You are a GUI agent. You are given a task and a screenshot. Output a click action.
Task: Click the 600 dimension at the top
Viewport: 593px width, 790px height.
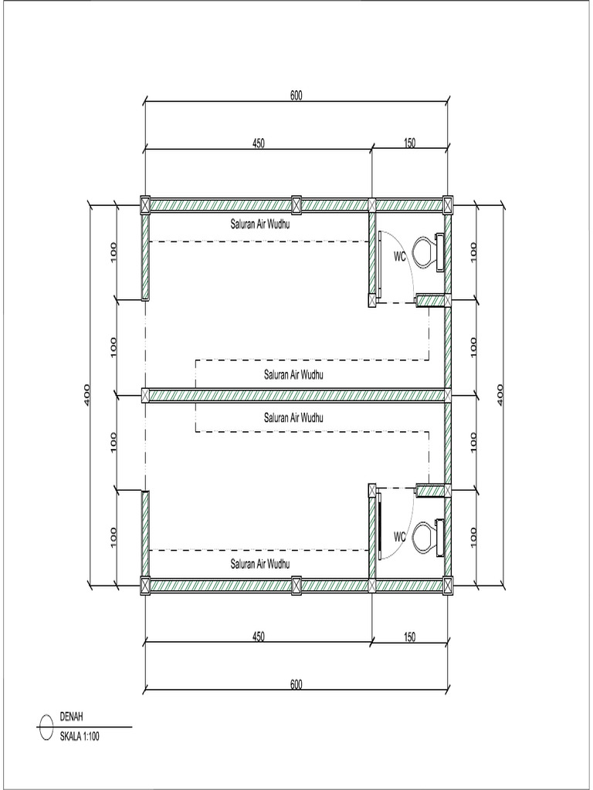pos(296,96)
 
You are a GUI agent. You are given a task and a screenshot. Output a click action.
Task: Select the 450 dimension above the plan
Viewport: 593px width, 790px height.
pos(258,143)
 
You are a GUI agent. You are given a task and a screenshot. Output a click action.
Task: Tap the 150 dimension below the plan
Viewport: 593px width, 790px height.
pos(409,636)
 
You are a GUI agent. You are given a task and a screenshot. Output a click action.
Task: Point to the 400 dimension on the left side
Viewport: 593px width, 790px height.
pos(87,395)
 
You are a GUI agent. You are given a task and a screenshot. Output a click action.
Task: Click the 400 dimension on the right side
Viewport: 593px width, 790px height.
pos(500,395)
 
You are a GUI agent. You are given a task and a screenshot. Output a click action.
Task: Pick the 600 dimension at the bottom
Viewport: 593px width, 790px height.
pos(296,684)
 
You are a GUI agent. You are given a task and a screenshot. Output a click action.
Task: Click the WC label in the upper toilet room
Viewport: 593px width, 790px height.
pos(400,256)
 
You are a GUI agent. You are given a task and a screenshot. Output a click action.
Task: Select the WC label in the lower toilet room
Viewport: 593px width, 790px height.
pos(400,535)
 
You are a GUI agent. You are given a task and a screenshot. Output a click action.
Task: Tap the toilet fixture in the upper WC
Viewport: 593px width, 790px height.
pos(427,251)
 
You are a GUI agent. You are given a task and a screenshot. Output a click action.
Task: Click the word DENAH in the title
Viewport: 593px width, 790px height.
pos(72,717)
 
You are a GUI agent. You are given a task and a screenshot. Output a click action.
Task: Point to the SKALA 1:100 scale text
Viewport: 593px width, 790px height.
pos(80,736)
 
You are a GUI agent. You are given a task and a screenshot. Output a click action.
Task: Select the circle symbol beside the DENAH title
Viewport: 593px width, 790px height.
pos(46,727)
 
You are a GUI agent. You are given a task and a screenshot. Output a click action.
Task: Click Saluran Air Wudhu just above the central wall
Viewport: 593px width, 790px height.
pos(293,375)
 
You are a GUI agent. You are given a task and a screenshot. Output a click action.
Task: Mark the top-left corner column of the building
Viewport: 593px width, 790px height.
pos(144,204)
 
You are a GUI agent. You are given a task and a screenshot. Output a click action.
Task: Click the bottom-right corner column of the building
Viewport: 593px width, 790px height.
pos(448,586)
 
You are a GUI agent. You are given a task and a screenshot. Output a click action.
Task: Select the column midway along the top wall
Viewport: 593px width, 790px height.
pos(296,205)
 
